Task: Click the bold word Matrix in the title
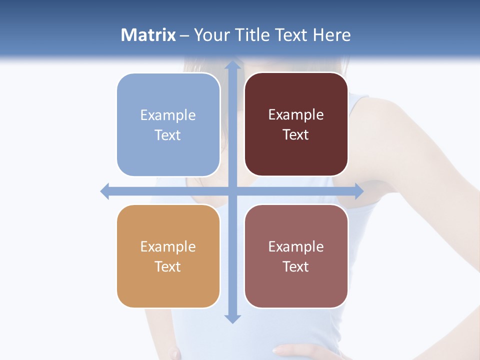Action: tap(148, 35)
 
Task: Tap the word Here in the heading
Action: tap(331, 35)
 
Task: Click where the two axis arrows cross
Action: tap(232, 191)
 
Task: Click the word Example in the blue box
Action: tap(168, 115)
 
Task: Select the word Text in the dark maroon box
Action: tap(296, 135)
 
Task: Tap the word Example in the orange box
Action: tap(168, 246)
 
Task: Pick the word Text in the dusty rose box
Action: tap(296, 266)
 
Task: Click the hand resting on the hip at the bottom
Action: tap(295, 350)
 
